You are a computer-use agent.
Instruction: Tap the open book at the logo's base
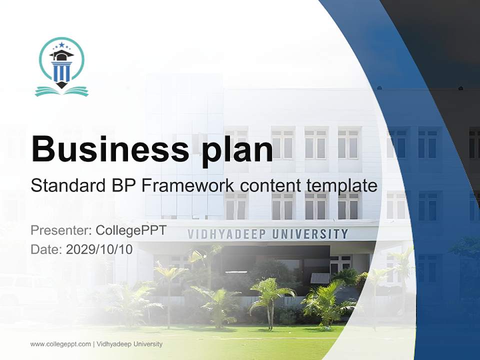[x=61, y=91]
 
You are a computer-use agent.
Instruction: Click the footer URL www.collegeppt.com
[x=60, y=344]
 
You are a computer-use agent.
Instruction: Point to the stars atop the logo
[x=61, y=45]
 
